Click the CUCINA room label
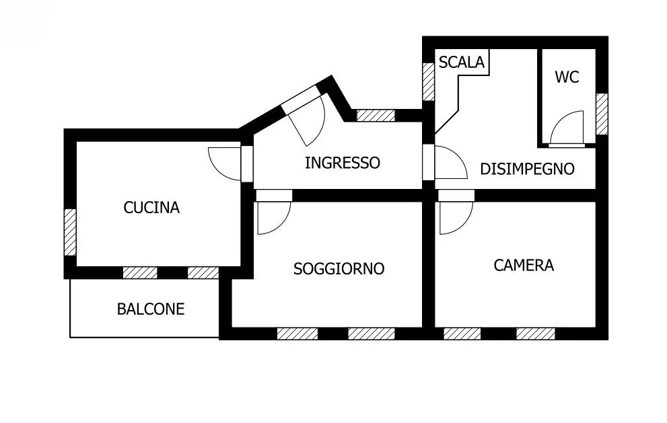coord(151,208)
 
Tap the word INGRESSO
coord(342,163)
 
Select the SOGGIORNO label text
coord(339,269)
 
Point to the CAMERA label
coord(524,265)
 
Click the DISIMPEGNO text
coord(527,169)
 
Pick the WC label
coord(567,77)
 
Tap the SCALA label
coord(461,63)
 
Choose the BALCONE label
coord(151,309)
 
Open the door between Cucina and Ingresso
coord(226,163)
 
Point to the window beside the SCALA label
coord(428,81)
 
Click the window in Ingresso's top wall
coord(375,115)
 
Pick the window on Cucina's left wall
coord(70,232)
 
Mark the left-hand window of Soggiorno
coord(297,334)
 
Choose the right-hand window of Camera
coord(535,334)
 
